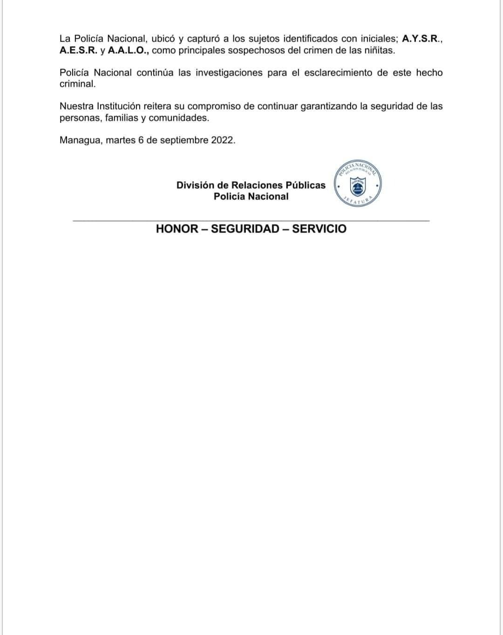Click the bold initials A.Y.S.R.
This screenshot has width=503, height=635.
421,39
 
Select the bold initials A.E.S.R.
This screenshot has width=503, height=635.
78,50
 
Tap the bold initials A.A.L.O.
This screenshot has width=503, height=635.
129,50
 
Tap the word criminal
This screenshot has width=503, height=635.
77,84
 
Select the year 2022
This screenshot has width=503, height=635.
223,140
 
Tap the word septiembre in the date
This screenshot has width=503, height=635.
184,140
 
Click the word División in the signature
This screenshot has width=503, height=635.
196,185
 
